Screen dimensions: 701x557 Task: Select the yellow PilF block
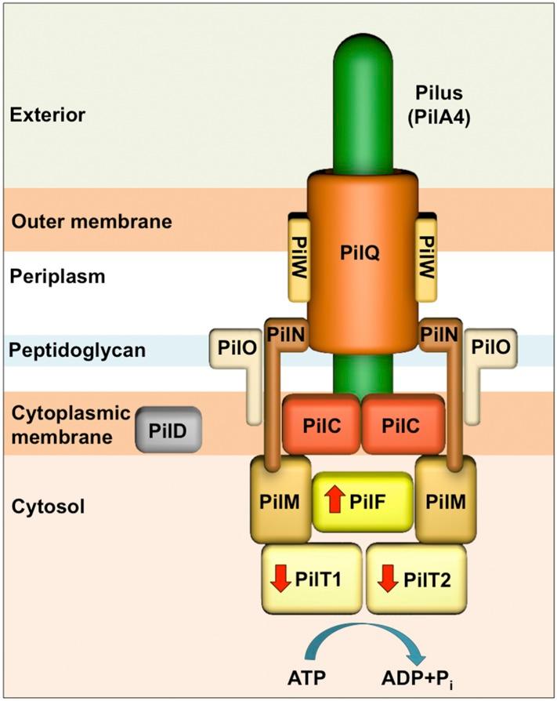[x=363, y=502]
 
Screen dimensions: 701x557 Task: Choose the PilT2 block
[x=416, y=579]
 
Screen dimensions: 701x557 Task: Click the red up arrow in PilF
[x=335, y=499]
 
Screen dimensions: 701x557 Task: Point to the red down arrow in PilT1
[x=280, y=581]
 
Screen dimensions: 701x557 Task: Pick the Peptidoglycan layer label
[x=78, y=350]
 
